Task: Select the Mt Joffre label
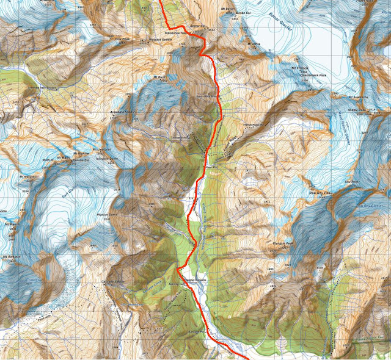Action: (254, 45)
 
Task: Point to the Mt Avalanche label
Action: (360, 96)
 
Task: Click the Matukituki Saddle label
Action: (176, 33)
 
